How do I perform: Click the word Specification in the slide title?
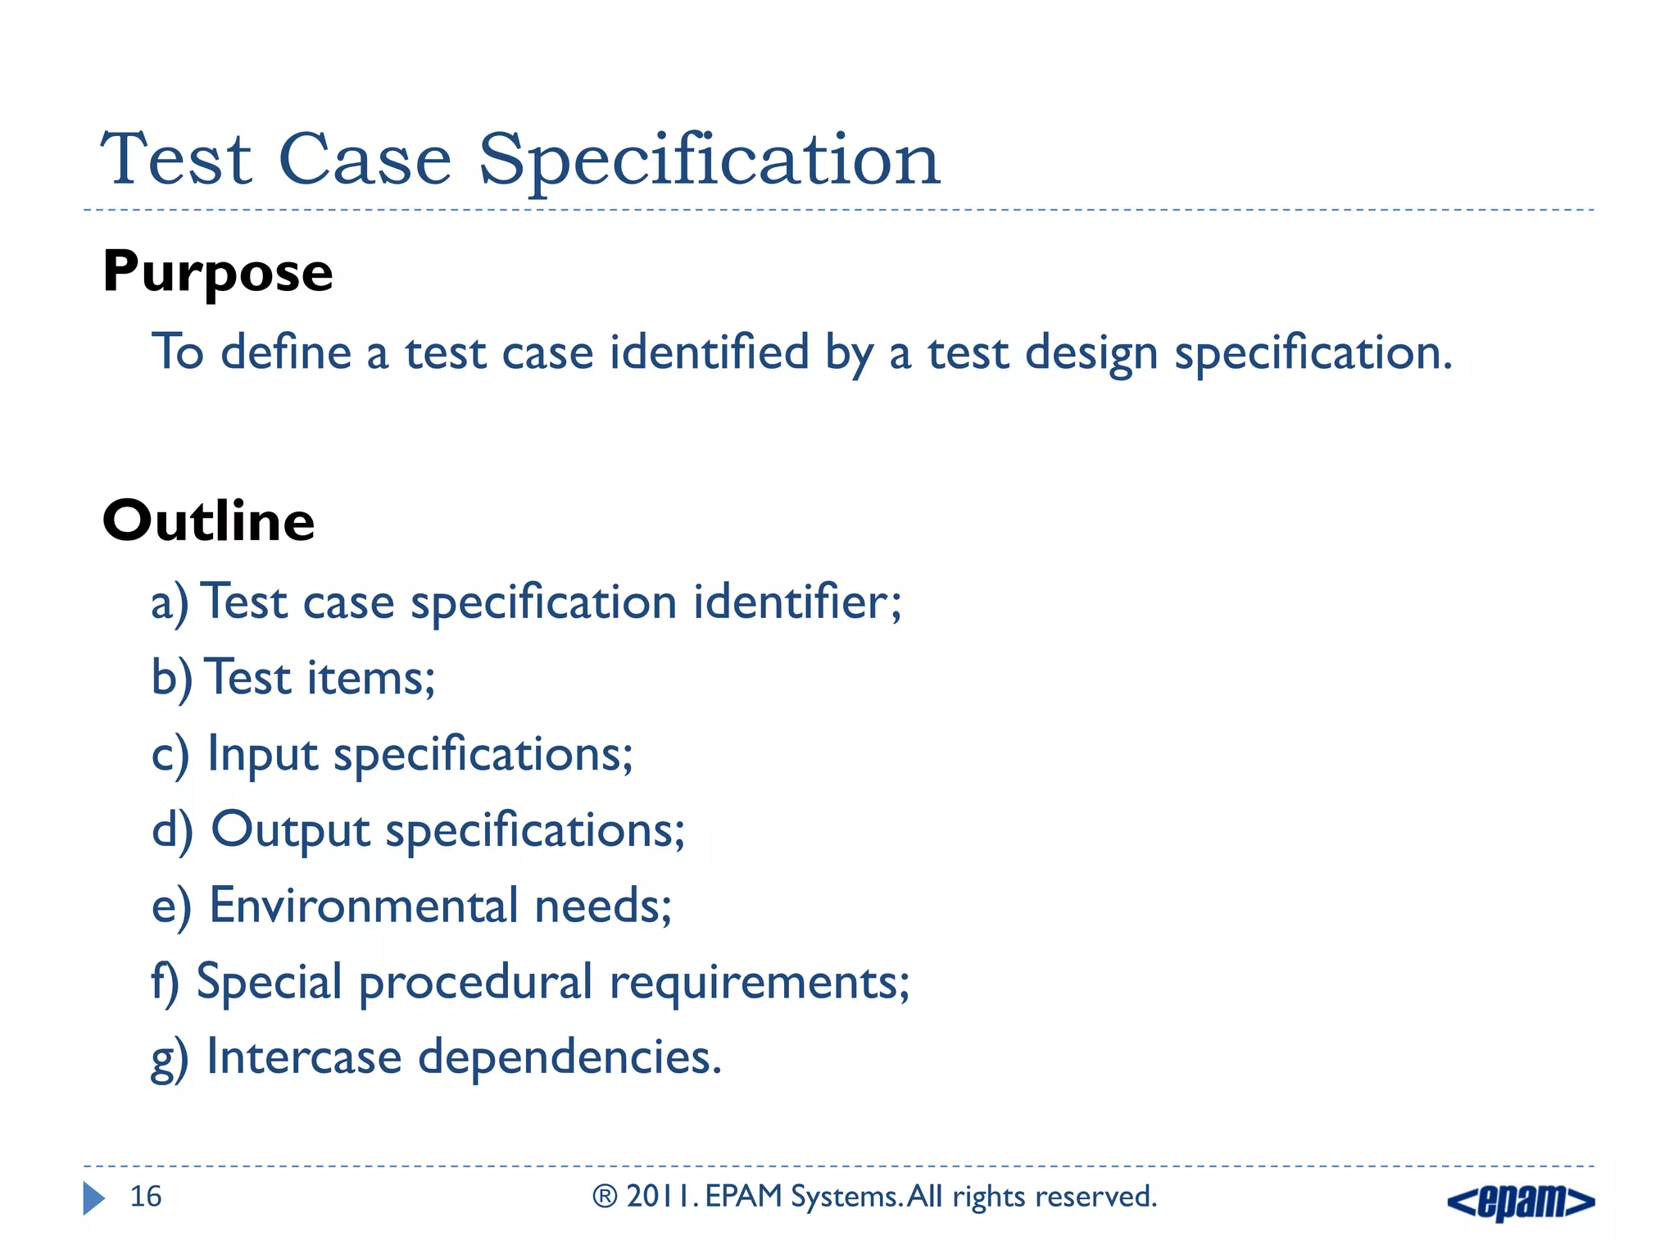click(709, 160)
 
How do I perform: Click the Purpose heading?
click(217, 273)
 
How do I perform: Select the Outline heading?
click(208, 521)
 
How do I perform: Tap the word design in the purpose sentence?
click(1091, 354)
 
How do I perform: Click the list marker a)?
click(170, 603)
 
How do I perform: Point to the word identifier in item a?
click(796, 602)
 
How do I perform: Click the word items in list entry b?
click(370, 679)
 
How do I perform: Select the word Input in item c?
click(262, 754)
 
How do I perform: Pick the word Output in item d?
click(290, 830)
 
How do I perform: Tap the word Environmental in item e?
click(364, 906)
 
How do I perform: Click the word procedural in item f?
click(475, 982)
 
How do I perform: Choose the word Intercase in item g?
click(304, 1057)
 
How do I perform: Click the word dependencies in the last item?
click(569, 1057)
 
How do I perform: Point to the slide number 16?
click(146, 1197)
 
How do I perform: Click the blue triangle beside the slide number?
click(93, 1198)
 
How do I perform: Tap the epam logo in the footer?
click(1521, 1202)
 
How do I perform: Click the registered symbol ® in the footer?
click(605, 1197)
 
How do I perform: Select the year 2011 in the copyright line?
click(660, 1197)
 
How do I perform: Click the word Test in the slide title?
click(175, 160)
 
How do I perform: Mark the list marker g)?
click(170, 1059)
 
